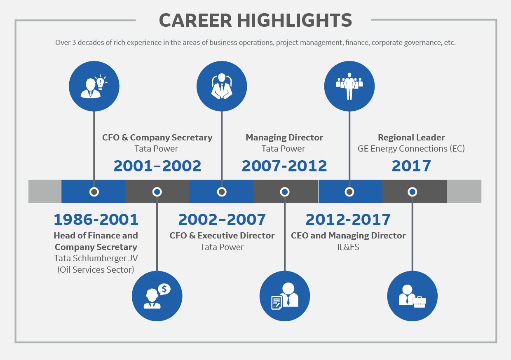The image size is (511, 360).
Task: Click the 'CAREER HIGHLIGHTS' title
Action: pyautogui.click(x=255, y=20)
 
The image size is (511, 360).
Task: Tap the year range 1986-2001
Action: pyautogui.click(x=96, y=219)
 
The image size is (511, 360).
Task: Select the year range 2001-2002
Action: pyautogui.click(x=157, y=166)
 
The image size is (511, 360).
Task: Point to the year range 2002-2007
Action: pyautogui.click(x=222, y=219)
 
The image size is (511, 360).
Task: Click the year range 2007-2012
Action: pyautogui.click(x=284, y=166)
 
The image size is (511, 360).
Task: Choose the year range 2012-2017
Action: pyautogui.click(x=348, y=219)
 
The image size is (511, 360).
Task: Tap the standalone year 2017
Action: pyautogui.click(x=411, y=166)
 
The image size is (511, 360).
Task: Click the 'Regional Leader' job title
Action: pyautogui.click(x=411, y=138)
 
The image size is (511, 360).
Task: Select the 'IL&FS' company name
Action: pyautogui.click(x=348, y=247)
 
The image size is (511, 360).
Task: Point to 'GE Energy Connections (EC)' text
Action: pyautogui.click(x=411, y=149)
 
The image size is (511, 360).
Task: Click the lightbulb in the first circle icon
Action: pyautogui.click(x=101, y=82)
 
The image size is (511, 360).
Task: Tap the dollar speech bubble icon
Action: pyautogui.click(x=164, y=289)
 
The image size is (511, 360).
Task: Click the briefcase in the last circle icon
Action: pyautogui.click(x=419, y=302)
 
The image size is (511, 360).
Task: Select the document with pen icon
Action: pyautogui.click(x=277, y=302)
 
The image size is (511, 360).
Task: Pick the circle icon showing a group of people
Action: pyautogui.click(x=349, y=86)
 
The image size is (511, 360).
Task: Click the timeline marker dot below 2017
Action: pyautogui.click(x=412, y=192)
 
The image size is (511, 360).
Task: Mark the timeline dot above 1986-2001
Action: pyautogui.click(x=94, y=192)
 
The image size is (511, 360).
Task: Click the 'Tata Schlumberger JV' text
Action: pyautogui.click(x=96, y=258)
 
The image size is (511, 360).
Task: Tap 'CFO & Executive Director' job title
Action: pyautogui.click(x=222, y=236)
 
